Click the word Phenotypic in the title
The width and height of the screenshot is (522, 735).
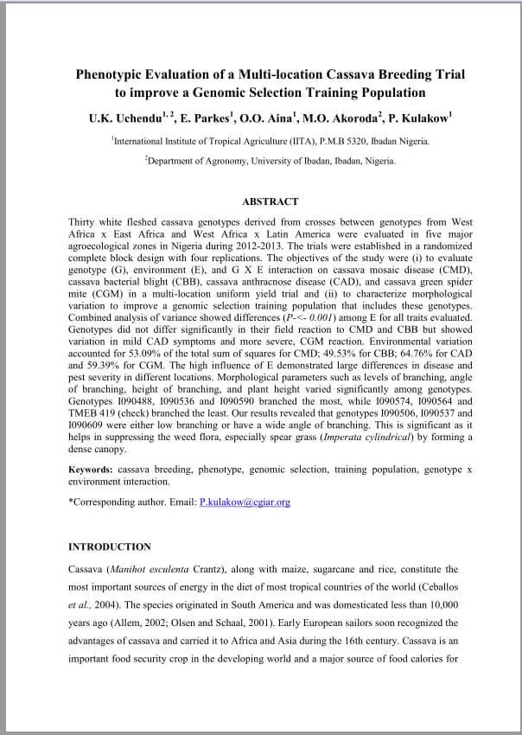[110, 74]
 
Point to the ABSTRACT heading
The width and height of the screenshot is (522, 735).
[270, 201]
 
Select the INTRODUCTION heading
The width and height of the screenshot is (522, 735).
[109, 546]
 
